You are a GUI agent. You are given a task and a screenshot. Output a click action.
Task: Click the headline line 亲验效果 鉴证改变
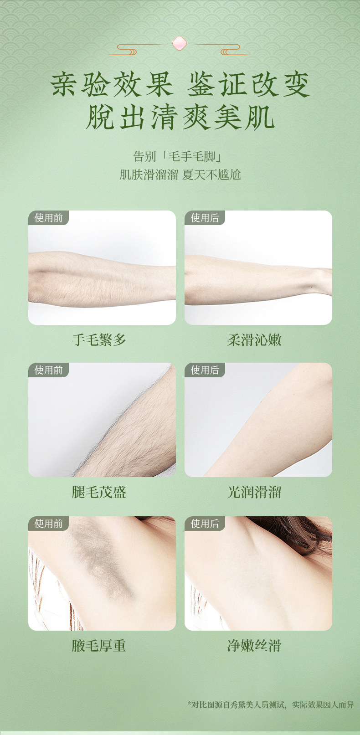180,84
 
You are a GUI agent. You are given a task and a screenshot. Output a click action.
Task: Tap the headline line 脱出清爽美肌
180,118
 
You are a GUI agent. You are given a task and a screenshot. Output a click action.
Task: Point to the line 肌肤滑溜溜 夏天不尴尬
180,175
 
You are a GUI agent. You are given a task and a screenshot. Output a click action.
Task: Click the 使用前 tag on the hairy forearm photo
49,218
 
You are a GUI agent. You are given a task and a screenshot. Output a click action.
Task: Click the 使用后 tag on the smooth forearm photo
205,218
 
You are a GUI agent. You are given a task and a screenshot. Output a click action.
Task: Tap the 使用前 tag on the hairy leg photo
49,370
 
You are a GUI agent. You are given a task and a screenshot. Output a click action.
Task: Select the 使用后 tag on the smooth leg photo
205,370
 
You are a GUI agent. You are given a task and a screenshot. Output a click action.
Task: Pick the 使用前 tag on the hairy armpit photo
49,524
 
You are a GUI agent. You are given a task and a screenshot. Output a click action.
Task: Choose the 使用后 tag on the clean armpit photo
205,524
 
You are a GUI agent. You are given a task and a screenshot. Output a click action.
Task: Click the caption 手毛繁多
99,340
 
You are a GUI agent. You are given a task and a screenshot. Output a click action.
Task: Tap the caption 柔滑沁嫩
254,340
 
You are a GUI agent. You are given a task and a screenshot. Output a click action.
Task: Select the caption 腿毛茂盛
99,492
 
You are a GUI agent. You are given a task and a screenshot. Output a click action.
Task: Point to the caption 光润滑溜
254,492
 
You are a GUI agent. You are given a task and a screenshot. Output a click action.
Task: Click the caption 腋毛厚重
99,646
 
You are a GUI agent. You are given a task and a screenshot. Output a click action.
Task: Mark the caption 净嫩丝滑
254,646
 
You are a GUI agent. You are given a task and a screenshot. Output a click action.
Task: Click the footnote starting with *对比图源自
271,705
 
